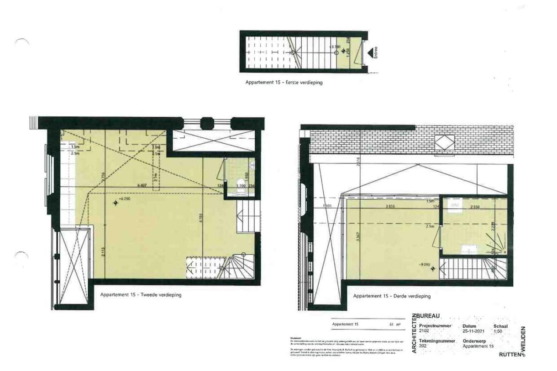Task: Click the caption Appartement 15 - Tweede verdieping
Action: coord(141,295)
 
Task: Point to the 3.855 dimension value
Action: coord(390,206)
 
